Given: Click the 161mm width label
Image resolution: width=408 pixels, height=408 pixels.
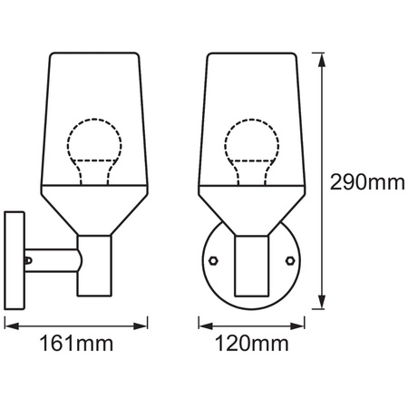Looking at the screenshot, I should (76, 344).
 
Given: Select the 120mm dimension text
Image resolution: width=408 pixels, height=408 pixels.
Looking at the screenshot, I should (253, 344).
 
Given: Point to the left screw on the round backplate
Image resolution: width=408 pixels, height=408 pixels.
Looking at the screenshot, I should (212, 259).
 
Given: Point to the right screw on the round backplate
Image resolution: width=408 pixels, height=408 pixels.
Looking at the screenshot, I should (290, 259).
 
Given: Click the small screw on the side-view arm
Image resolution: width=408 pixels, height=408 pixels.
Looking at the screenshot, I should (29, 260).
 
